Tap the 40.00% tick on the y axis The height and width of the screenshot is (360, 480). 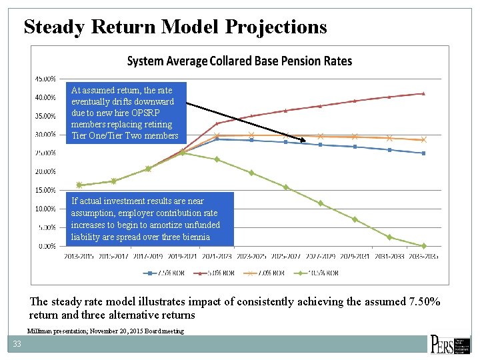tap(45, 97)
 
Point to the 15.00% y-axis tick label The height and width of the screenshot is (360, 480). tap(45, 190)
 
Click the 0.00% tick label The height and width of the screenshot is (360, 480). tap(47, 246)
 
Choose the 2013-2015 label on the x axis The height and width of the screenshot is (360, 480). tap(79, 256)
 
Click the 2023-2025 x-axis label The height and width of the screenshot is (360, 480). tap(251, 256)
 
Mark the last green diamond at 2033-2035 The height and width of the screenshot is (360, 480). tap(423, 246)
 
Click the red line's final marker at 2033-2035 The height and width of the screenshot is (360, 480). tap(423, 93)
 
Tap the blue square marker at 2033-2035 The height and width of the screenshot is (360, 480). tap(423, 153)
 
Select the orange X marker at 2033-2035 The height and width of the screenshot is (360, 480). tap(423, 140)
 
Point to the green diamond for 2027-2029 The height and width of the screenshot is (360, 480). tap(320, 203)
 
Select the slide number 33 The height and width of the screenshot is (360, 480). tap(15, 344)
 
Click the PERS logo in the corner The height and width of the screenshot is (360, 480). tap(449, 344)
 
